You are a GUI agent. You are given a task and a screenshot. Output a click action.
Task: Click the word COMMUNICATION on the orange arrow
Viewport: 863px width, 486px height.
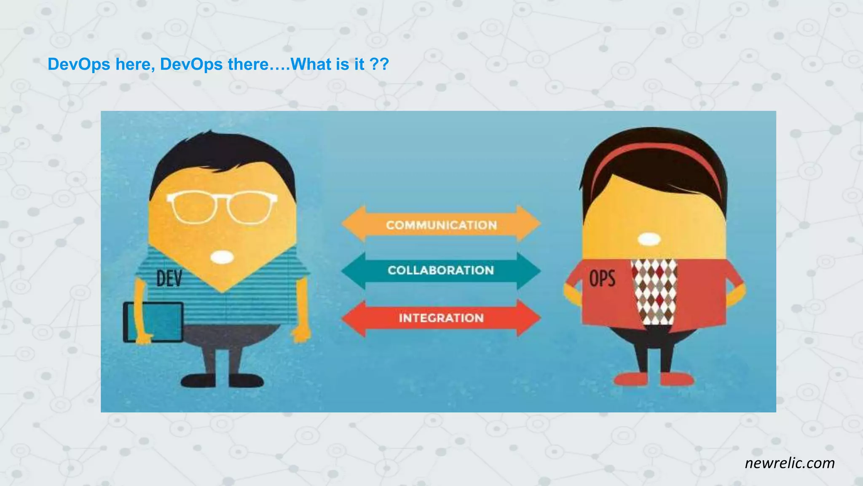point(441,225)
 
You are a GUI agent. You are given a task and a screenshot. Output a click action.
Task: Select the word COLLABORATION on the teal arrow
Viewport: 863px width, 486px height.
point(441,270)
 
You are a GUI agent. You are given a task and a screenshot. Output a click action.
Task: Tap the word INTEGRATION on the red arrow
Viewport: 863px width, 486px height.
point(441,318)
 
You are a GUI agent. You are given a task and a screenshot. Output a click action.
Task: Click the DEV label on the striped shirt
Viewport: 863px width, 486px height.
point(169,278)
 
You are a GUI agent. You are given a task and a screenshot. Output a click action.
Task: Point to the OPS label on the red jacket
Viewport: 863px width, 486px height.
point(602,279)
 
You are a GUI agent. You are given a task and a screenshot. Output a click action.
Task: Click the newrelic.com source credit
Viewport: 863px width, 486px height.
point(790,463)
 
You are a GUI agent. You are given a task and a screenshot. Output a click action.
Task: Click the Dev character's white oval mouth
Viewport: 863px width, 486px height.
point(222,257)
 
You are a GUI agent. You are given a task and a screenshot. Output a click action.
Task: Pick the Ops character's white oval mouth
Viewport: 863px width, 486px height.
point(649,239)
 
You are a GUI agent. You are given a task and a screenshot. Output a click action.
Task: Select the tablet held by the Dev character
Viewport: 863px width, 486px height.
point(153,321)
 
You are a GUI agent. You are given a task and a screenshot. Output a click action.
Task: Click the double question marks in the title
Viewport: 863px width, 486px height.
point(379,64)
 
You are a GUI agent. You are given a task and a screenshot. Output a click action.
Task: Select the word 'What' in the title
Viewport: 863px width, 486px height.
point(311,64)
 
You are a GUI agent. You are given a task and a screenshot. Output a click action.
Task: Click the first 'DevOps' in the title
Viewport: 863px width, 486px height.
point(79,64)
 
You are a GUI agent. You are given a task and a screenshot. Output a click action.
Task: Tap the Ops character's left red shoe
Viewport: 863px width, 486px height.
point(631,379)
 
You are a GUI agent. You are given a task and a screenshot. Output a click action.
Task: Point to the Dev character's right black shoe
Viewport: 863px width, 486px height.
point(246,381)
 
